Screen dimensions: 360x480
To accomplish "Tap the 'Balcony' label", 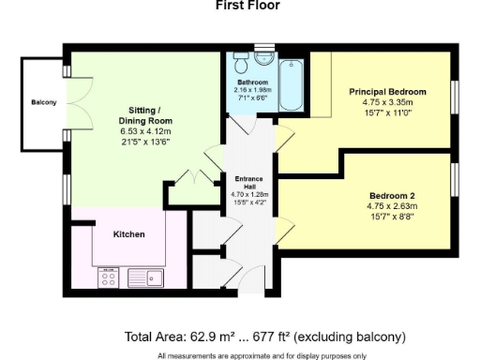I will pos(42,102).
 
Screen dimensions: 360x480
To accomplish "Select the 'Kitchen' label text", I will pos(128,233).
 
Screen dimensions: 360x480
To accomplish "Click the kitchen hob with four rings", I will pos(108,277).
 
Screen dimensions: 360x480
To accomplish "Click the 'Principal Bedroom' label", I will pos(387,92).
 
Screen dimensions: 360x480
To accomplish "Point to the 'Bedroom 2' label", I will pos(391,195).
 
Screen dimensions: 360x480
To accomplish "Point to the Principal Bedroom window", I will pos(455,97).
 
